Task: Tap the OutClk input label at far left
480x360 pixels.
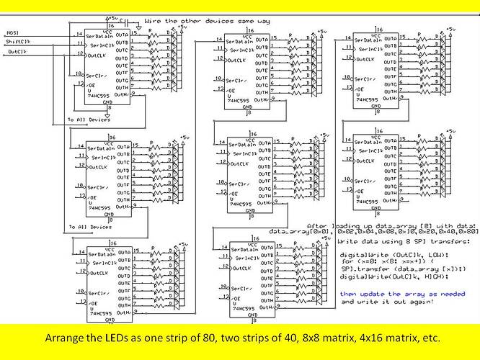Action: (x=16, y=50)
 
